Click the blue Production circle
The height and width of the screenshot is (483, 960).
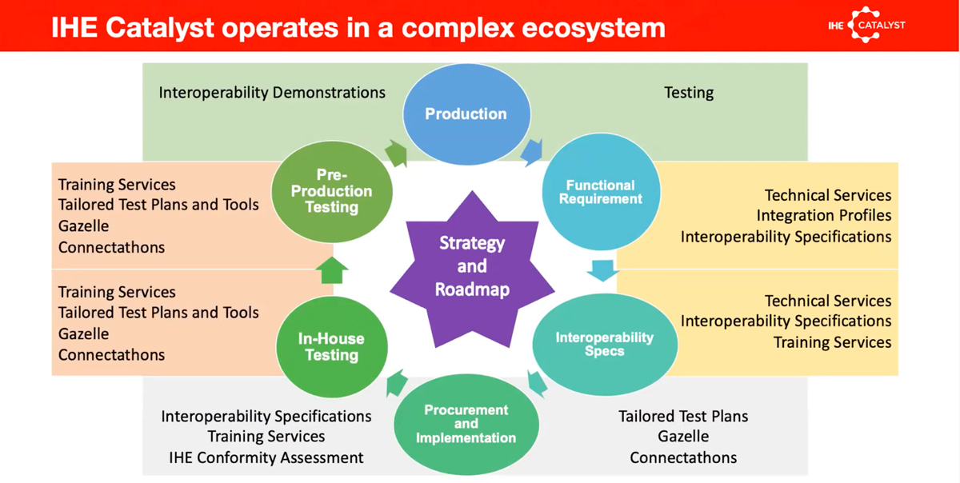tap(466, 114)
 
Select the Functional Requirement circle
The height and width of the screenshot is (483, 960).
tap(600, 192)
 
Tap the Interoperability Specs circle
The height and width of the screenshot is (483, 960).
tap(604, 344)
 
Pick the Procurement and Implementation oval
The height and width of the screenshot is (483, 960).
tap(466, 424)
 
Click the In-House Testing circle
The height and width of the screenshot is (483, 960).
tap(331, 346)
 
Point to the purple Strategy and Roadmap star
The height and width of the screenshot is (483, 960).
tap(472, 266)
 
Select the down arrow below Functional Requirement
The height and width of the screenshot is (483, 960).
tap(602, 269)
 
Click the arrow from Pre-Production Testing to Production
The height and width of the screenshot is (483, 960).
tap(396, 152)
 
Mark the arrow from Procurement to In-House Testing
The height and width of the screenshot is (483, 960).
tap(397, 385)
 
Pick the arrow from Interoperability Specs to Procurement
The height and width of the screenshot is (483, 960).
tap(537, 383)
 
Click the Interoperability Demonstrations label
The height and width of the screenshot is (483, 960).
tap(272, 93)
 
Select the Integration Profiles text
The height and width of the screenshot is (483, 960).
tap(824, 216)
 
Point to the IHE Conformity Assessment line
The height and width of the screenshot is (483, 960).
tap(266, 458)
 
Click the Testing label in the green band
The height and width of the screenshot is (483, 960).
tap(689, 93)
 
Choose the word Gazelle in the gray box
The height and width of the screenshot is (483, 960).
tap(683, 437)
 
